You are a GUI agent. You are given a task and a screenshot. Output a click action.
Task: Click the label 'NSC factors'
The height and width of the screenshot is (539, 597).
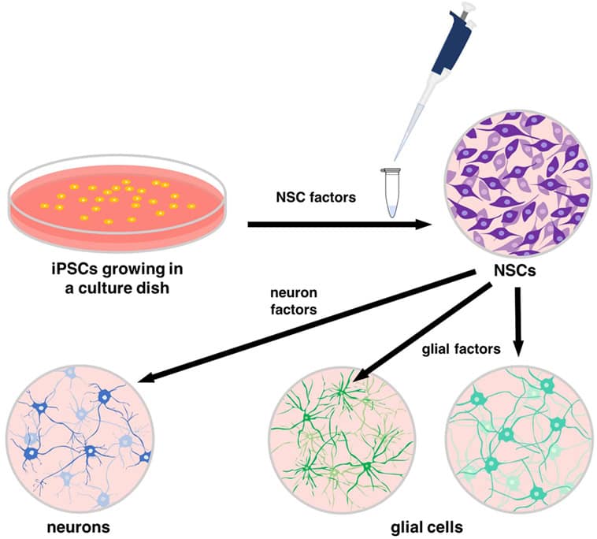click(319, 197)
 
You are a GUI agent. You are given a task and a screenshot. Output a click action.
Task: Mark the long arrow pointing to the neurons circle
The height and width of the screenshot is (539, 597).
click(307, 326)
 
